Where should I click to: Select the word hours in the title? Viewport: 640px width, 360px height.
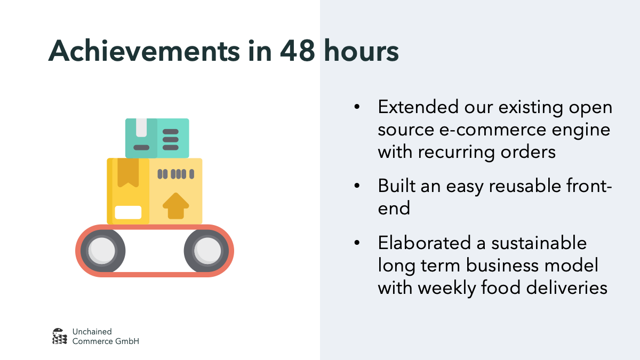(362, 51)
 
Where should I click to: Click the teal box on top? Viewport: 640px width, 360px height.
(157, 138)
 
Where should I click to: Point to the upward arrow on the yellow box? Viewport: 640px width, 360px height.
(175, 205)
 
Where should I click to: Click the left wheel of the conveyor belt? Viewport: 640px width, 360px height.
(101, 250)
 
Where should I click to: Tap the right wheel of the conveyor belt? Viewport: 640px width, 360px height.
(207, 250)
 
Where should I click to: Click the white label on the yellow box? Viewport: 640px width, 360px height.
(128, 212)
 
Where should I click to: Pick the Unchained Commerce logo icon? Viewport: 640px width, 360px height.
(60, 336)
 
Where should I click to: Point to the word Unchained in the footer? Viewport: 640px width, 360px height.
(92, 332)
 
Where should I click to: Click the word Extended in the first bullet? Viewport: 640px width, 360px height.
(418, 107)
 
